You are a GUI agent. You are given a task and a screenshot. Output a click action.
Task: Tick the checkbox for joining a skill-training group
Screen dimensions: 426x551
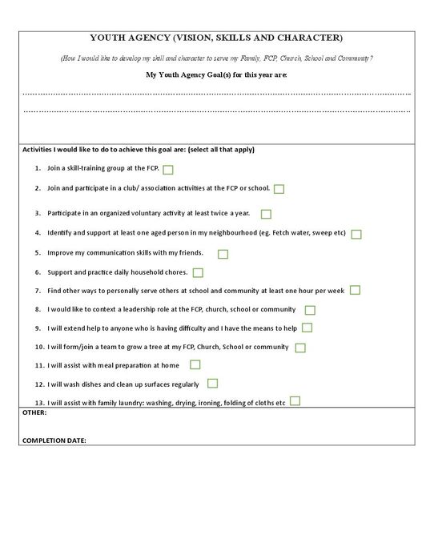tap(168, 170)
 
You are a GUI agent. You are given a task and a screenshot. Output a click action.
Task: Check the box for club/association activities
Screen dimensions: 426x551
tap(279, 189)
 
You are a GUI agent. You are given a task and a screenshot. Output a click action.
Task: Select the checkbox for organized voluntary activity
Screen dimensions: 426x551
tap(266, 214)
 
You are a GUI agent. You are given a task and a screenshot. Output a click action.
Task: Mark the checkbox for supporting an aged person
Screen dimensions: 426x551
tap(356, 234)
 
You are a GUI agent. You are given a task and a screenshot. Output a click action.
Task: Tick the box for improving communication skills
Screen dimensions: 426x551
tap(223, 254)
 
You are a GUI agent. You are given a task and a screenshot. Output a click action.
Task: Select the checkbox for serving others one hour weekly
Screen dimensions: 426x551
tap(355, 290)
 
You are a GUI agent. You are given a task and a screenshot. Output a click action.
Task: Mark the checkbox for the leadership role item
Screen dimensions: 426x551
tap(310, 310)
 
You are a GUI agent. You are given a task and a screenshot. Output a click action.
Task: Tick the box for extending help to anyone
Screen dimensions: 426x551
tap(307, 328)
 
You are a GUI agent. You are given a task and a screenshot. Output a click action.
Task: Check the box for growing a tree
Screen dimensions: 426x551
tap(300, 348)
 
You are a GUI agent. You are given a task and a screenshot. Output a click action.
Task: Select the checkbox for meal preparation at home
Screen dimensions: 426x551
tap(195, 365)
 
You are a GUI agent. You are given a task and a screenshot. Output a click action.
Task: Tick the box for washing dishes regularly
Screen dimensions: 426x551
tap(213, 384)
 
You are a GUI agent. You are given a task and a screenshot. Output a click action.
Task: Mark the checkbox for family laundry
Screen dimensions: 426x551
tap(295, 401)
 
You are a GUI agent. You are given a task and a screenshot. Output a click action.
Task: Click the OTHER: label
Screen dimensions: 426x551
tap(34, 413)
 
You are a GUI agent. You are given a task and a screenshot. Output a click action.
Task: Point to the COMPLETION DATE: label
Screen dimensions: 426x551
tap(54, 440)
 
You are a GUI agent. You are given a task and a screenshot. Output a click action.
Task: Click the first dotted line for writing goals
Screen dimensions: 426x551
tap(216, 94)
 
